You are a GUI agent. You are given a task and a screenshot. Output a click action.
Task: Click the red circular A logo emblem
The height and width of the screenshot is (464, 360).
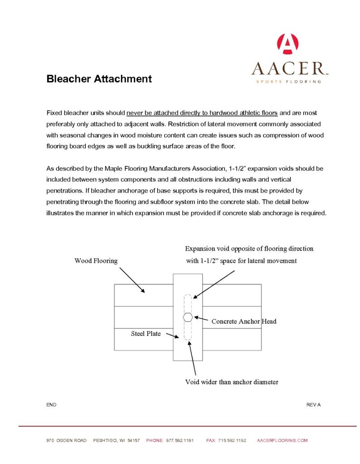pos(287,44)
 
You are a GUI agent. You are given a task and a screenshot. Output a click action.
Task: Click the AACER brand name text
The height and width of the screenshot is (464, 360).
pos(288,68)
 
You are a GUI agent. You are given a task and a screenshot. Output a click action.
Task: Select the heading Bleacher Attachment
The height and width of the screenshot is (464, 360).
pos(99,79)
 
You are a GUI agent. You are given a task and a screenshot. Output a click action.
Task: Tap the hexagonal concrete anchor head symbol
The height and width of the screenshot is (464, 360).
pos(188,317)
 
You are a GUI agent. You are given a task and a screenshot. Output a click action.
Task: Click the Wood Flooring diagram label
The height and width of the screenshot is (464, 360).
pos(96,261)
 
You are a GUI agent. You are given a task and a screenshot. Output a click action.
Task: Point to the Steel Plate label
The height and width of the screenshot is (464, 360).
pos(146,333)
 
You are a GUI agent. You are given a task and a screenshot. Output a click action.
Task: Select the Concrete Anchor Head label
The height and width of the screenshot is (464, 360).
pos(243,321)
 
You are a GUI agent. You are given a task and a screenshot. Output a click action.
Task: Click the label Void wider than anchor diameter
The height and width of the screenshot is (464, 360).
pos(231,382)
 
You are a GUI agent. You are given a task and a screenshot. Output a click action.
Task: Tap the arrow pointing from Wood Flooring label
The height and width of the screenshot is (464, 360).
pos(132,280)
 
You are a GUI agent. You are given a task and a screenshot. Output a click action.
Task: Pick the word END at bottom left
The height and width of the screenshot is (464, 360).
pos(51,405)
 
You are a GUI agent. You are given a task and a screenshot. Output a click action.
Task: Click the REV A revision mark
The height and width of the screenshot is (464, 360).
pos(313,405)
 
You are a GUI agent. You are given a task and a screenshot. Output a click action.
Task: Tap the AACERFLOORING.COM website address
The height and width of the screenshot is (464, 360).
pos(282,440)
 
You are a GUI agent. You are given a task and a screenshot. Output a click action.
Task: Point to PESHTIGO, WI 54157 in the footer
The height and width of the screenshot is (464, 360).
pos(116,440)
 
